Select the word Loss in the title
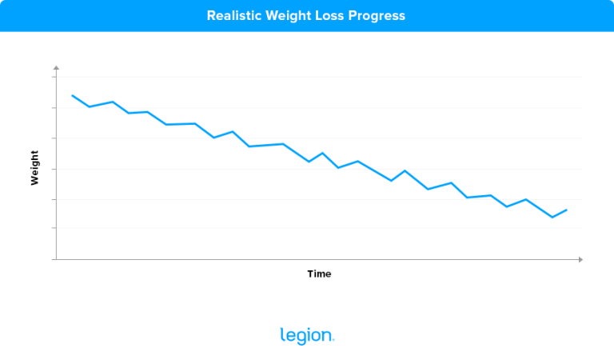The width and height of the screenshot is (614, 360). click(x=329, y=15)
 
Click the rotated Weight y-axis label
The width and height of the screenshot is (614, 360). click(x=34, y=168)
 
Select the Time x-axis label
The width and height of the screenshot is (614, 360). click(x=319, y=274)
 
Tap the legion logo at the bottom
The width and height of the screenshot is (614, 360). click(x=307, y=336)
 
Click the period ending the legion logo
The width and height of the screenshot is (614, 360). click(x=333, y=341)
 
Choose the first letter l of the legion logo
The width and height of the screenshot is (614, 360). click(x=281, y=335)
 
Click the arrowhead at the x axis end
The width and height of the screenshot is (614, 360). click(x=580, y=259)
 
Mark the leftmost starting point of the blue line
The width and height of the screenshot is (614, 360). click(x=73, y=95)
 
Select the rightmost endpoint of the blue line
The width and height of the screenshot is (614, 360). click(x=567, y=210)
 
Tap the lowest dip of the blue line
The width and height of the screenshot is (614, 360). click(x=552, y=217)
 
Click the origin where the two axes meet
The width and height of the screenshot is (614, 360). click(x=55, y=259)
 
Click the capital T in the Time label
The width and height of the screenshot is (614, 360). click(x=310, y=274)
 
